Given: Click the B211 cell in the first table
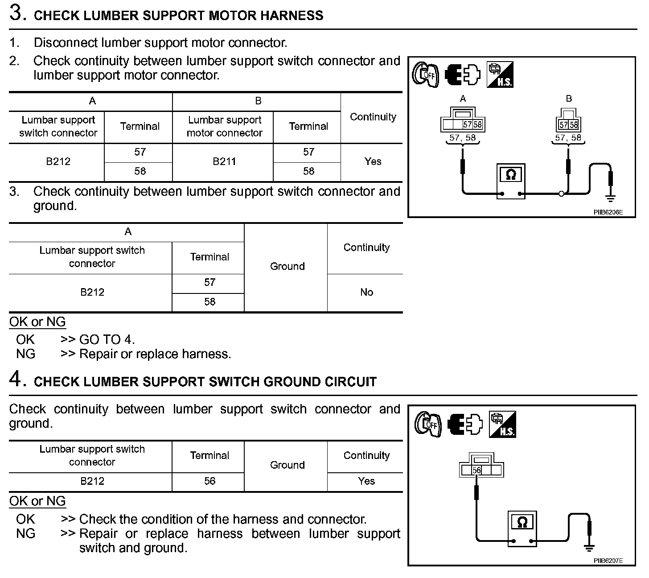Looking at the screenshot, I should [224, 161].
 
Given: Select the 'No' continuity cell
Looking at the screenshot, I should [366, 292].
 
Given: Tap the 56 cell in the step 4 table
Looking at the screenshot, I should [209, 481].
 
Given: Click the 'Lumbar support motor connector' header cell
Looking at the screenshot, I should [224, 126].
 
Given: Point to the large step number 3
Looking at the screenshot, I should [16, 13].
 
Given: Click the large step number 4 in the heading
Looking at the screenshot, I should [16, 380].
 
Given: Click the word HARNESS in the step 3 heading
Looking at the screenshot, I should [292, 16].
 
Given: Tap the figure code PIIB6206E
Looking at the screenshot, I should [608, 212].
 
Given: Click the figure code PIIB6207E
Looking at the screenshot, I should [608, 561].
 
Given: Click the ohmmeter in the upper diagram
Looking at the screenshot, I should [511, 181].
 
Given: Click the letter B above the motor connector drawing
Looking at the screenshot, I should [569, 99].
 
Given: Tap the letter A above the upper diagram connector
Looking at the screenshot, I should [463, 99].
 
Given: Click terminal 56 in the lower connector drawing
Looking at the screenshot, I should [476, 470].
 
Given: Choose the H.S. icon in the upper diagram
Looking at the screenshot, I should [500, 74].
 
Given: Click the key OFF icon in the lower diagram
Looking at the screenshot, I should [427, 423].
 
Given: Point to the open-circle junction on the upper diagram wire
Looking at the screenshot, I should [562, 194].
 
